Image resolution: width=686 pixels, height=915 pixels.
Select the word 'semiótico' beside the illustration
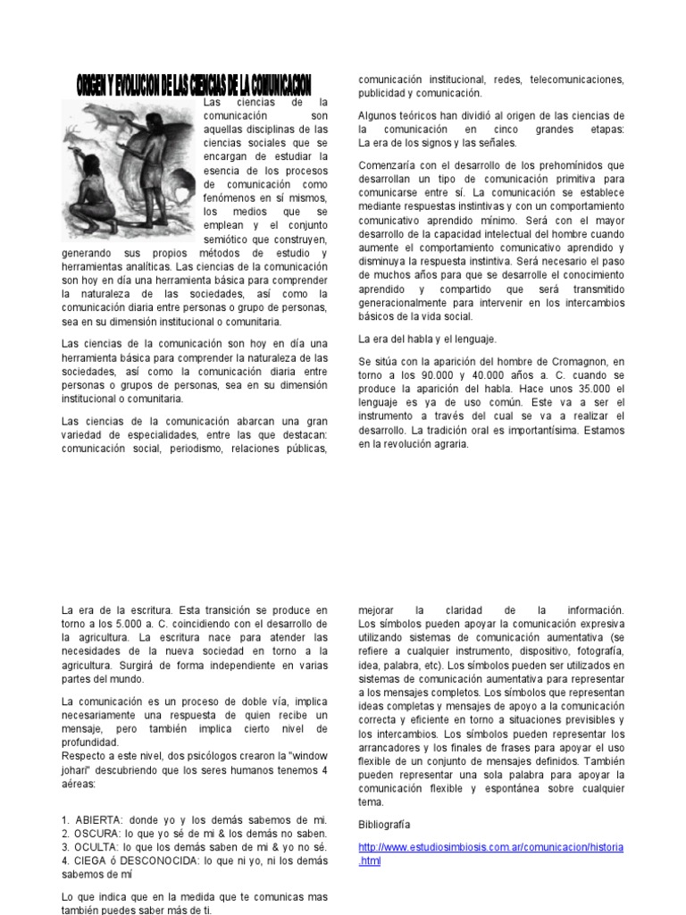tap(230, 239)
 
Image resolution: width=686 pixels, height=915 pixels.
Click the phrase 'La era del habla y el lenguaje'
tap(427, 340)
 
